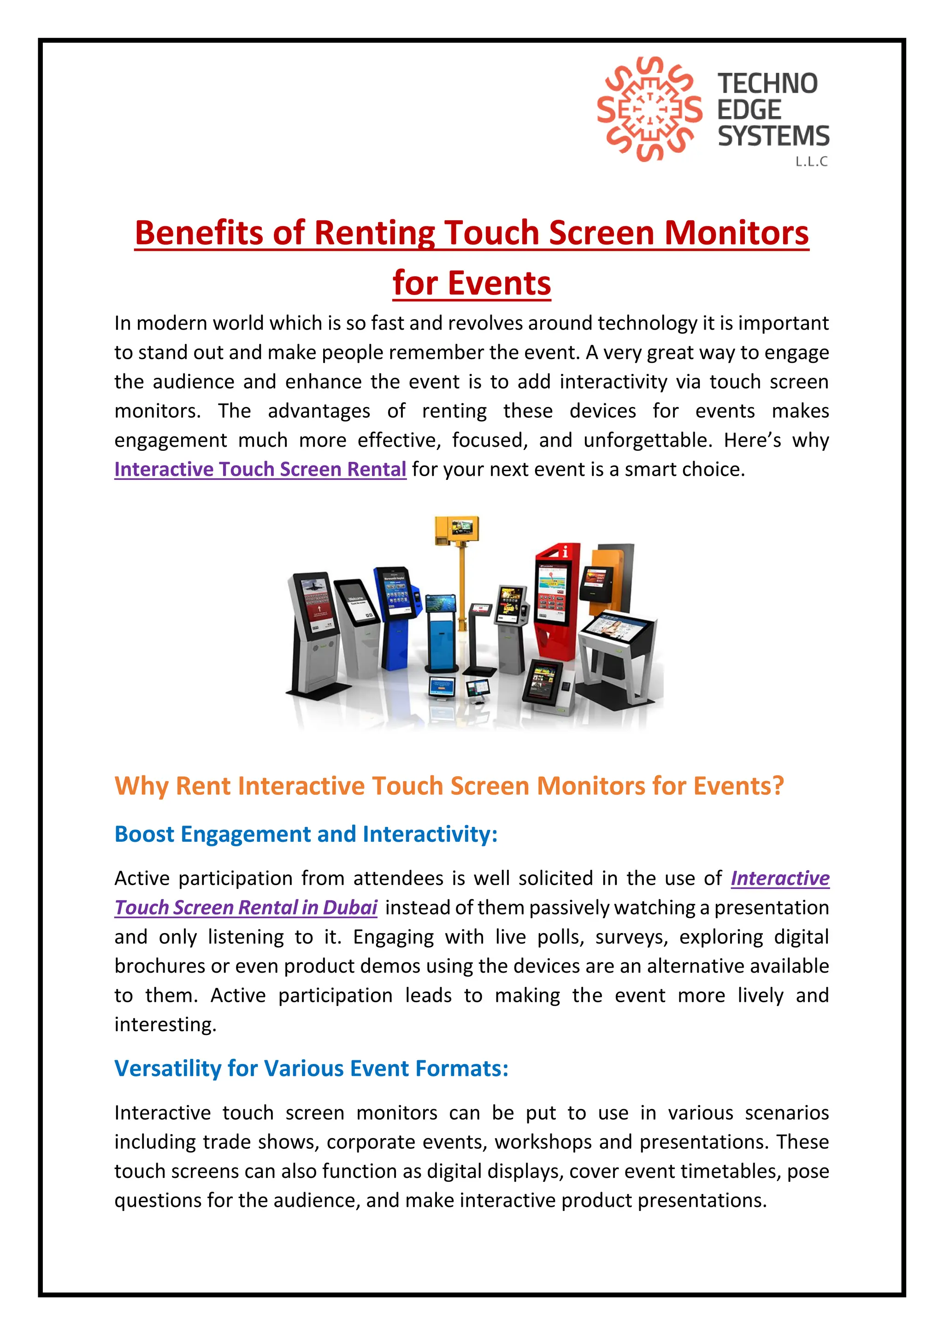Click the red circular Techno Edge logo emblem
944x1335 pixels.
pyautogui.click(x=649, y=109)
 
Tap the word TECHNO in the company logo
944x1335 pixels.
pyautogui.click(x=767, y=84)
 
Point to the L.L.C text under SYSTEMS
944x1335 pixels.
pyautogui.click(x=811, y=162)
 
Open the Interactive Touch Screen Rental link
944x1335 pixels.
pyautogui.click(x=260, y=469)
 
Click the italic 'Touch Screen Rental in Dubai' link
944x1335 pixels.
pyautogui.click(x=246, y=908)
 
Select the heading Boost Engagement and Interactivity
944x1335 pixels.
pyautogui.click(x=306, y=834)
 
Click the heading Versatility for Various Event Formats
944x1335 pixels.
pyautogui.click(x=311, y=1068)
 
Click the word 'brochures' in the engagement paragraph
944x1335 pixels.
pyautogui.click(x=159, y=966)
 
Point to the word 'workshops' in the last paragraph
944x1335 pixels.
pyautogui.click(x=543, y=1141)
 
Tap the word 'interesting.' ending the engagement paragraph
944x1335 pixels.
pyautogui.click(x=165, y=1024)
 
